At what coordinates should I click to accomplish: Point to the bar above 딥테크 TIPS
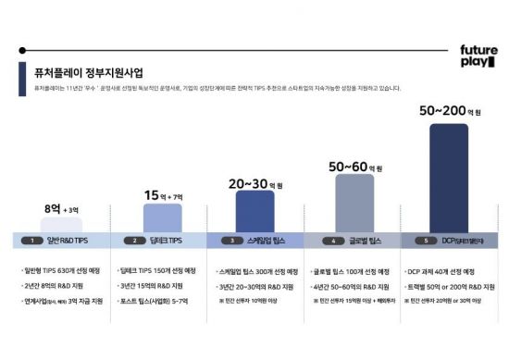[162, 217]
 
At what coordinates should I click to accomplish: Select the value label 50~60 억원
[355, 167]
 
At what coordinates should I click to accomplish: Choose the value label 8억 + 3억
[62, 209]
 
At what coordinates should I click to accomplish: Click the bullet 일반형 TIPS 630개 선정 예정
[63, 272]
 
